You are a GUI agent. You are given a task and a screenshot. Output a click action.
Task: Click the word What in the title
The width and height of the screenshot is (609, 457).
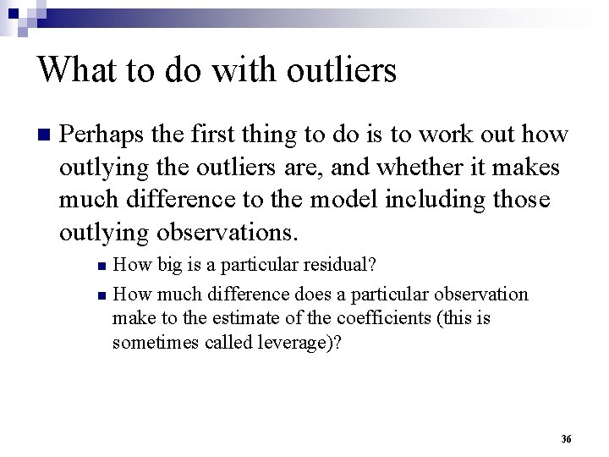pyautogui.click(x=72, y=69)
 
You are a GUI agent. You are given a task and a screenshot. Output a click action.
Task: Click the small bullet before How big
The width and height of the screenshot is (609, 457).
pyautogui.click(x=101, y=266)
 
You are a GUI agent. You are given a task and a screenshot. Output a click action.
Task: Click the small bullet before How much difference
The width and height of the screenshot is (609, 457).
pyautogui.click(x=101, y=296)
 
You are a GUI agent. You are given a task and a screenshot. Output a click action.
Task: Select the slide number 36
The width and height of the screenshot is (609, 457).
pyautogui.click(x=566, y=438)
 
